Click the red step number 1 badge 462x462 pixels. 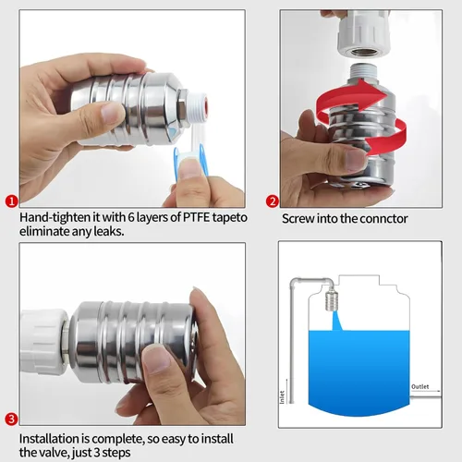[11, 200]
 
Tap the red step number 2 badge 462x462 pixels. [273, 201]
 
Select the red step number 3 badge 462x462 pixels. [11, 419]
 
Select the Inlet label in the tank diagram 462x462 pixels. [283, 395]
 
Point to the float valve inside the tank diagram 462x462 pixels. [335, 299]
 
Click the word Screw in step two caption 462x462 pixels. [298, 218]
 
